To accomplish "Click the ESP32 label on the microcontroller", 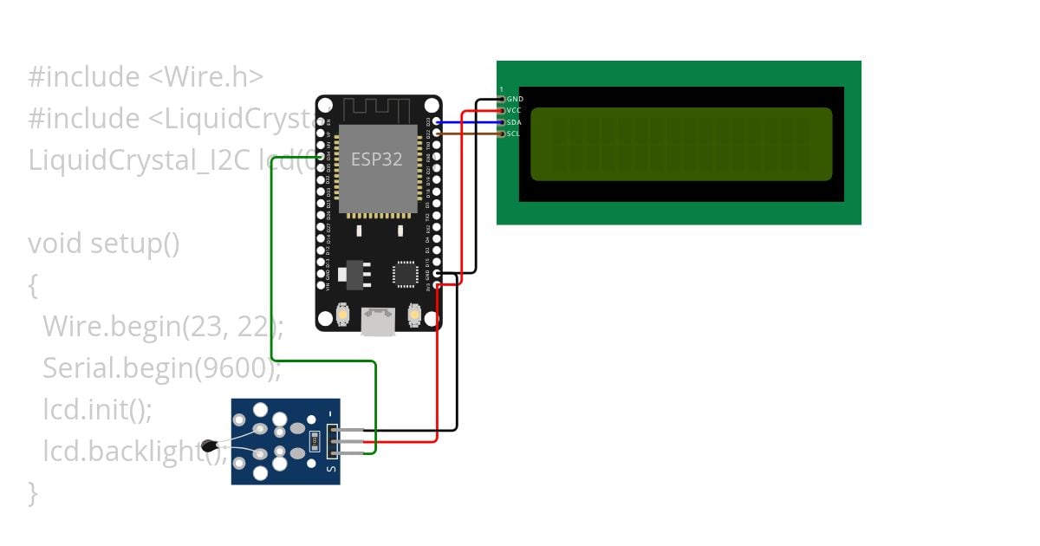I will (376, 159).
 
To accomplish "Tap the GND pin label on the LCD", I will (515, 100).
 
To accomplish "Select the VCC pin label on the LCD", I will (514, 111).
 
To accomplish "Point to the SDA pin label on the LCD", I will (514, 122).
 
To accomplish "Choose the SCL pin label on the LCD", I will (513, 133).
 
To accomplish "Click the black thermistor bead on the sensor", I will (209, 446).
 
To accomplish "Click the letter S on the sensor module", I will (330, 468).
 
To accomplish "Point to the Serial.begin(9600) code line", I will (162, 368).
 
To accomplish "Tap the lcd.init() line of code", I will (97, 409).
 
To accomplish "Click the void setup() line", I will (104, 244).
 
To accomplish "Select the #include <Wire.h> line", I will (146, 77).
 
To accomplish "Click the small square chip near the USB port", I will (406, 274).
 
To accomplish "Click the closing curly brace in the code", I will (33, 492).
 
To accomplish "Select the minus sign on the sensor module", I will (330, 414).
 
